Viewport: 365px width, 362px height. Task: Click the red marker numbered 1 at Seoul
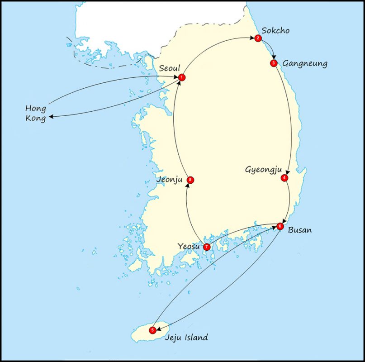click(181, 77)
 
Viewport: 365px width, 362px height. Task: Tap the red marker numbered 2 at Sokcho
click(257, 38)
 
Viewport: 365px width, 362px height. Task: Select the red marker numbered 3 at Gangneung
click(273, 63)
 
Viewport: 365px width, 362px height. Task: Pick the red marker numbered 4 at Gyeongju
click(284, 178)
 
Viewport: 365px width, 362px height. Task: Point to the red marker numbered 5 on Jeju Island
click(153, 330)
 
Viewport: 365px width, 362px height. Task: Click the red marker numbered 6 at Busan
click(280, 226)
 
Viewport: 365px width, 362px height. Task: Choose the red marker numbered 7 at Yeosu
click(207, 247)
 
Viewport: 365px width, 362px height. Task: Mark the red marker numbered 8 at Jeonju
click(191, 180)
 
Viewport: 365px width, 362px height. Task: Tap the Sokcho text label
click(277, 31)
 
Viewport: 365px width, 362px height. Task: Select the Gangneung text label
click(305, 63)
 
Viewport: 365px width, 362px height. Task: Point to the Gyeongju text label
click(262, 170)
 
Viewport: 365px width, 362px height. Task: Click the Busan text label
click(300, 230)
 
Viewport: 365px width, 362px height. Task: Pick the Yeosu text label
click(189, 247)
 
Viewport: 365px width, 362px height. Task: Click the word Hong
click(35, 109)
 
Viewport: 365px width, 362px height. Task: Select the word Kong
click(35, 119)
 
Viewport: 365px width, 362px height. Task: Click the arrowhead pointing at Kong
click(51, 117)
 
